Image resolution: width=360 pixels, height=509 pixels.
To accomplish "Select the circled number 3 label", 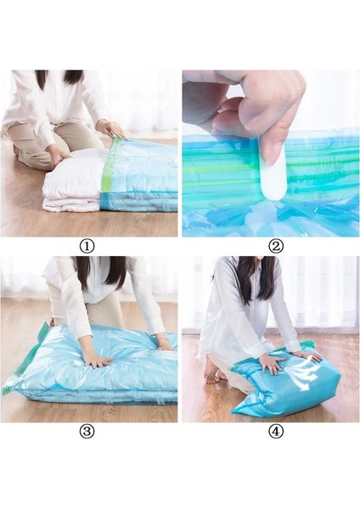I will point(89,431).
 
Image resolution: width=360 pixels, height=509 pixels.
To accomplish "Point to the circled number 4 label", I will point(275,431).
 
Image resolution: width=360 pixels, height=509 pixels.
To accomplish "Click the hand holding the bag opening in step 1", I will point(112,129).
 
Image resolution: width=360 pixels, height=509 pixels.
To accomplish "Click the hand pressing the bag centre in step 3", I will point(96,360).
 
